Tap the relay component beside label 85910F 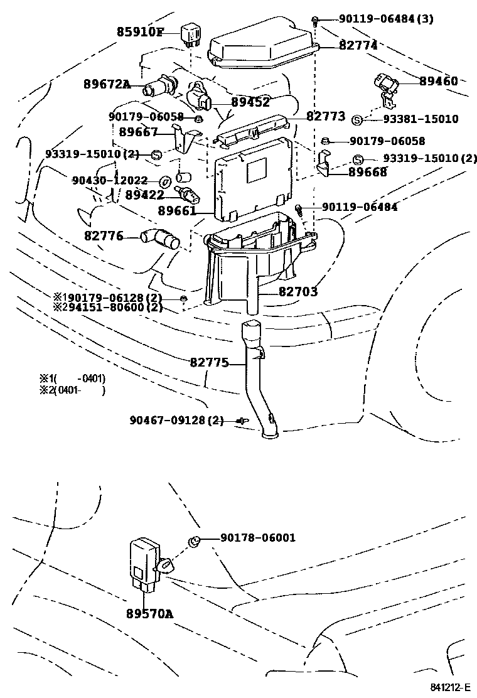[190, 34]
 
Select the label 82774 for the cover [358, 45]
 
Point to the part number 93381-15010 [421, 119]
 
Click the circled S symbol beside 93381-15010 [357, 120]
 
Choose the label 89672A [107, 83]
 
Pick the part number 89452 [250, 102]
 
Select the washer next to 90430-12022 [166, 181]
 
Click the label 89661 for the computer [177, 210]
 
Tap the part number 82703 [298, 292]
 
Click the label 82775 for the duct [209, 362]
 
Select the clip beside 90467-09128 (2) [243, 420]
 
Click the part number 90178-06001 [257, 538]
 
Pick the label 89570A [149, 614]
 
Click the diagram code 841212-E [450, 687]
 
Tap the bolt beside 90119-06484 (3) [316, 20]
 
